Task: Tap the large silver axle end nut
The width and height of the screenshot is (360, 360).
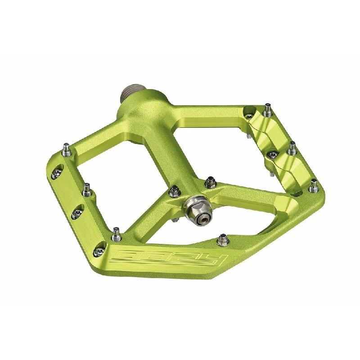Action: tap(197, 211)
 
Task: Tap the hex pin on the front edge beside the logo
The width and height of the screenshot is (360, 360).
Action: tap(223, 239)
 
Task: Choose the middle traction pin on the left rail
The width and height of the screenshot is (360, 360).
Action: tap(87, 190)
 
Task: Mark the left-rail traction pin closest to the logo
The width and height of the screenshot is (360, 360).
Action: tap(116, 234)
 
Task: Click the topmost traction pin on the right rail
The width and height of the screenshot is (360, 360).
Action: tap(267, 109)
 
